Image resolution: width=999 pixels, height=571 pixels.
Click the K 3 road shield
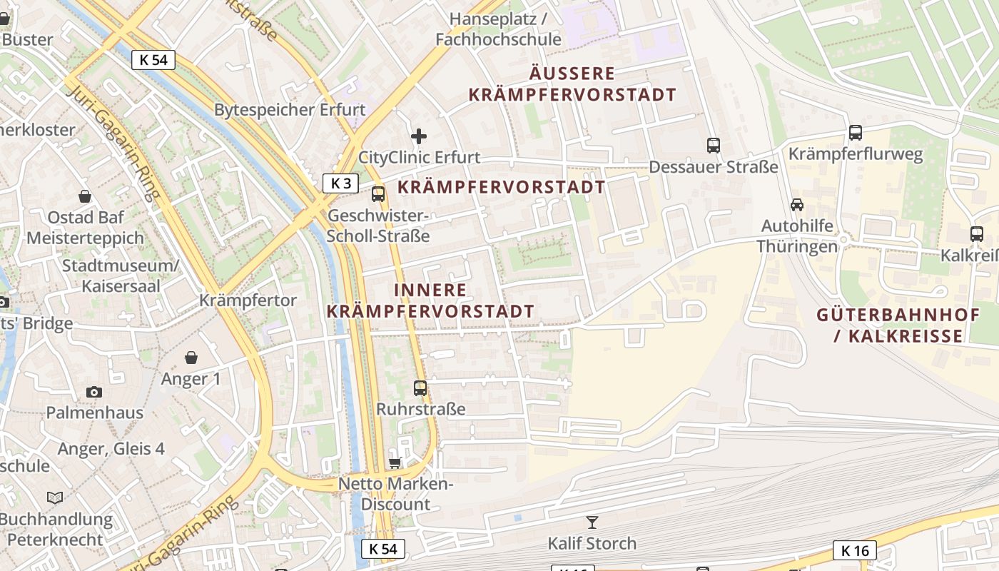coord(340,183)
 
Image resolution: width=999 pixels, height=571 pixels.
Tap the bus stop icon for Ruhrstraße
coord(420,388)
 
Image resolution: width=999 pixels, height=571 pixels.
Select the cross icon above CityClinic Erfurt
coord(419,136)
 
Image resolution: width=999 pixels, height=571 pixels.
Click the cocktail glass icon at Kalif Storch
coord(592,522)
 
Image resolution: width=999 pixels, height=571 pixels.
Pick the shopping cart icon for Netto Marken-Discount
coord(395,463)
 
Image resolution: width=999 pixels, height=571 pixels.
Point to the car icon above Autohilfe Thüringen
coord(797,205)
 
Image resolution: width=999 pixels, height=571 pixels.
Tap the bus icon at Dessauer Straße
coord(714,146)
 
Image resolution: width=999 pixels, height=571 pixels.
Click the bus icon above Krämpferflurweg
coord(855,133)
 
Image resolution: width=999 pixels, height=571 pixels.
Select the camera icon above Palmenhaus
coord(94,392)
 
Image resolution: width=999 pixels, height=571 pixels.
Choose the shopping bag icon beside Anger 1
coord(191,358)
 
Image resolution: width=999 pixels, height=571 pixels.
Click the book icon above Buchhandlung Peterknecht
coord(55,497)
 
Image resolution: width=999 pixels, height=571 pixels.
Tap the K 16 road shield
coord(854,550)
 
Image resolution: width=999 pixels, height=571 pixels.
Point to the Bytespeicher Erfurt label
coord(290,110)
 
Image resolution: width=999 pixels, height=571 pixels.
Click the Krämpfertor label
coord(248,300)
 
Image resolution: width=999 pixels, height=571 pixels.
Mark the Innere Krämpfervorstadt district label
coord(430,300)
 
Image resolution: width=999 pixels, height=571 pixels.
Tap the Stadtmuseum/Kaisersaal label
coord(121,276)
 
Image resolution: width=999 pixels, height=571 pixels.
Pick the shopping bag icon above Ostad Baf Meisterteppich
coord(85,196)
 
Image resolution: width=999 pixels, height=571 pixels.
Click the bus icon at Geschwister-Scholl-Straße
coord(378,193)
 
